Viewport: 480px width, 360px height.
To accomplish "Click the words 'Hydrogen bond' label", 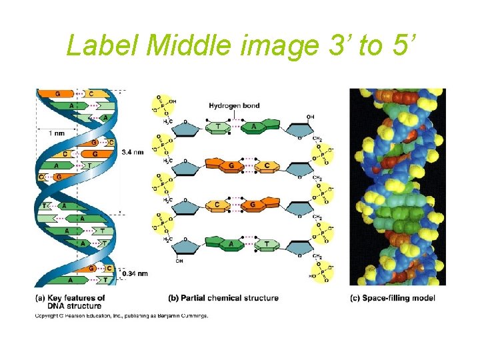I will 234,105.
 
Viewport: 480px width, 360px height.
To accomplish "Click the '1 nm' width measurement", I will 56,133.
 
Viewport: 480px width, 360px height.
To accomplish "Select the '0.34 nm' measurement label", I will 135,273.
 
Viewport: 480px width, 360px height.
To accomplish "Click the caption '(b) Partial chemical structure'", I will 223,297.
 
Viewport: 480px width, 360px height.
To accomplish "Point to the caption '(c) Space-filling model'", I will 393,297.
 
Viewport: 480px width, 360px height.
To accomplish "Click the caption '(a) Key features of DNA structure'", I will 70,301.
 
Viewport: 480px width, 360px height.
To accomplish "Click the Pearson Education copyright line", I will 121,315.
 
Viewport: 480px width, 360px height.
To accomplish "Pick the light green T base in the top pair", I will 217,127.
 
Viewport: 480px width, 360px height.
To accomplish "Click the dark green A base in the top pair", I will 254,126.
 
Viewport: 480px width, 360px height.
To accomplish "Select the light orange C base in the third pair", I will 217,205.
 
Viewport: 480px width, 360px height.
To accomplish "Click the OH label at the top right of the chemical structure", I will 310,117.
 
